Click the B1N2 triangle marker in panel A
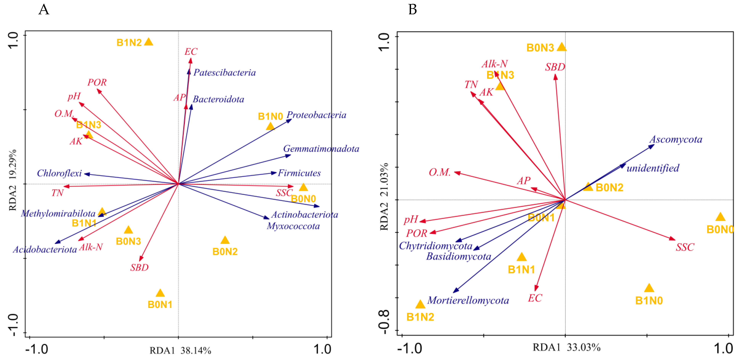click(148, 42)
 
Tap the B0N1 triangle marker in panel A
click(160, 293)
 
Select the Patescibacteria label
click(224, 72)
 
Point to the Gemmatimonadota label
click(321, 149)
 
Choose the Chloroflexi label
click(59, 173)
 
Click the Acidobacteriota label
click(45, 249)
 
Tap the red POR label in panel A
click(97, 83)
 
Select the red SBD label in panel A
click(139, 267)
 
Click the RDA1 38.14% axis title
click(180, 350)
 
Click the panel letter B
click(413, 10)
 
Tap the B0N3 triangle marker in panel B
click(562, 47)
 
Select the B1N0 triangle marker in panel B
click(649, 288)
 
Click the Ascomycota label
click(676, 139)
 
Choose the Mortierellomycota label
click(468, 301)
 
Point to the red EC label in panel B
click(535, 298)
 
